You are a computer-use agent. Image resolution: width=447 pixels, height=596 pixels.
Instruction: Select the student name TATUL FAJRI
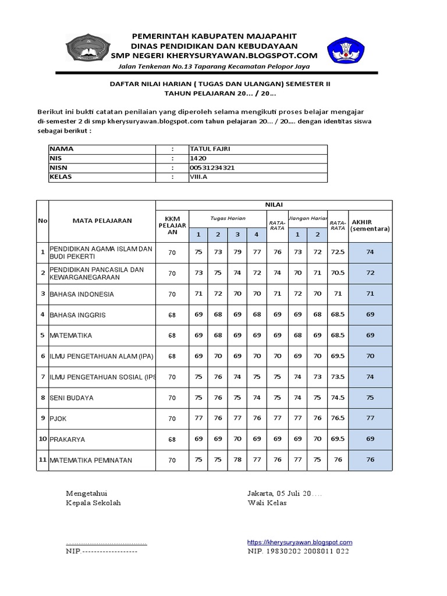(x=210, y=149)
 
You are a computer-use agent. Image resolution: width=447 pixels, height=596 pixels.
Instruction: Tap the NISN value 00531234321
(x=212, y=168)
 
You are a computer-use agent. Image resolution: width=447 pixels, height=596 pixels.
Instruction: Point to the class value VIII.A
(x=198, y=176)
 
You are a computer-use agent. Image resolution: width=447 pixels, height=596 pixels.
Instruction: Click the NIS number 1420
(x=198, y=158)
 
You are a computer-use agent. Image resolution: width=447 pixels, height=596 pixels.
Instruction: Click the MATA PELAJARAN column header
(x=102, y=221)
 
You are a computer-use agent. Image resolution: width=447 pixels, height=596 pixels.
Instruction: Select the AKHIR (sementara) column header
(x=371, y=225)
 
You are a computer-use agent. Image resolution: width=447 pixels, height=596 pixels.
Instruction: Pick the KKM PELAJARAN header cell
(x=172, y=225)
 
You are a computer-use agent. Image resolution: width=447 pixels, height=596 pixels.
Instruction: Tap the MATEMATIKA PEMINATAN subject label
(x=91, y=460)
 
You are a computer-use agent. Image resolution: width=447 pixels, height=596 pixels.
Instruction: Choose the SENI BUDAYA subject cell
(x=72, y=398)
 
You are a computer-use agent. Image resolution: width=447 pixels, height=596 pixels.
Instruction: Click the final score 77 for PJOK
(x=370, y=418)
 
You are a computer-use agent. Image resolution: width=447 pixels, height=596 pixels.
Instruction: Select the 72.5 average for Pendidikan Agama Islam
(x=338, y=253)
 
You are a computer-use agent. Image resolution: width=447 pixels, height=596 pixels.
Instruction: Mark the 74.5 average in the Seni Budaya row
(x=338, y=398)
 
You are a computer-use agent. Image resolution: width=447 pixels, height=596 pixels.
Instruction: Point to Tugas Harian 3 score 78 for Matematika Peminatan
(x=237, y=460)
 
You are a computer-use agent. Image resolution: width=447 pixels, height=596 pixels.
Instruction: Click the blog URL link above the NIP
(x=300, y=542)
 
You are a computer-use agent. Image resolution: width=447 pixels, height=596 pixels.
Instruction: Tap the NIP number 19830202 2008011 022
(x=298, y=551)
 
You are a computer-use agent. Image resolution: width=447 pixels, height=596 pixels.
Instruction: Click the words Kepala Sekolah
(x=94, y=503)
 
